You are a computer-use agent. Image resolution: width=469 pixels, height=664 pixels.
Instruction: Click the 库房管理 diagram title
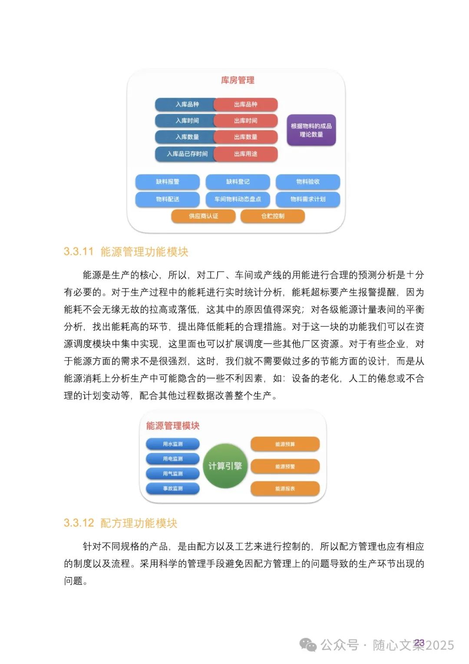click(x=238, y=80)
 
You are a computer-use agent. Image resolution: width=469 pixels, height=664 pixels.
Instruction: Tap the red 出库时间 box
click(x=246, y=120)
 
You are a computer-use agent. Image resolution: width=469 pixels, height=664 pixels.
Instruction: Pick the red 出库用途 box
click(x=246, y=154)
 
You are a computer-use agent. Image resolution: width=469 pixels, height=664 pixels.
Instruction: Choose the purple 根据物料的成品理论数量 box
click(x=311, y=130)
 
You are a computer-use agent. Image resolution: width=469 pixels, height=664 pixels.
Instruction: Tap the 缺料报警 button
click(x=168, y=182)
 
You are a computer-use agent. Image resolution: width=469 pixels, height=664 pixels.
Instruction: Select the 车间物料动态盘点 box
click(x=238, y=199)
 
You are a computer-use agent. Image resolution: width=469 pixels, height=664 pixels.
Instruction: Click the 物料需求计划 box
click(x=308, y=199)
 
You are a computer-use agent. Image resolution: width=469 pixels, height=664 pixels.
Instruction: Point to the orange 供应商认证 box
click(x=203, y=216)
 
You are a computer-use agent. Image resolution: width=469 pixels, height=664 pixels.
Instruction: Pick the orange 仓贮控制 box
click(x=273, y=216)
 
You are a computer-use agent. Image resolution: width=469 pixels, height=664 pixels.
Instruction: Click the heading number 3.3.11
click(x=79, y=252)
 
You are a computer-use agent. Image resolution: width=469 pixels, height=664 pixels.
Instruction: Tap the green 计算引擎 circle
click(x=225, y=466)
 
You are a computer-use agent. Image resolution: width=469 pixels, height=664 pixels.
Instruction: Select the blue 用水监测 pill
click(x=173, y=444)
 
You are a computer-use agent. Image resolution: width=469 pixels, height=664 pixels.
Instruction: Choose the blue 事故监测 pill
click(x=173, y=488)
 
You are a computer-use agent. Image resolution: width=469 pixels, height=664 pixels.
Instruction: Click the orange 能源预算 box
click(x=285, y=444)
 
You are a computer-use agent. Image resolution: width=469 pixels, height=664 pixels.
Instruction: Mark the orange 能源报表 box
click(x=285, y=488)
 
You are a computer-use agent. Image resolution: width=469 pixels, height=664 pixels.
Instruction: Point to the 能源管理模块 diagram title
click(x=173, y=426)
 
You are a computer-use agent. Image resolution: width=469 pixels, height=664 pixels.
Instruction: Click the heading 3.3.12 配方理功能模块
click(x=121, y=523)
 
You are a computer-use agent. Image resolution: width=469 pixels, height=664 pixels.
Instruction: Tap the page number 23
click(x=419, y=643)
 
